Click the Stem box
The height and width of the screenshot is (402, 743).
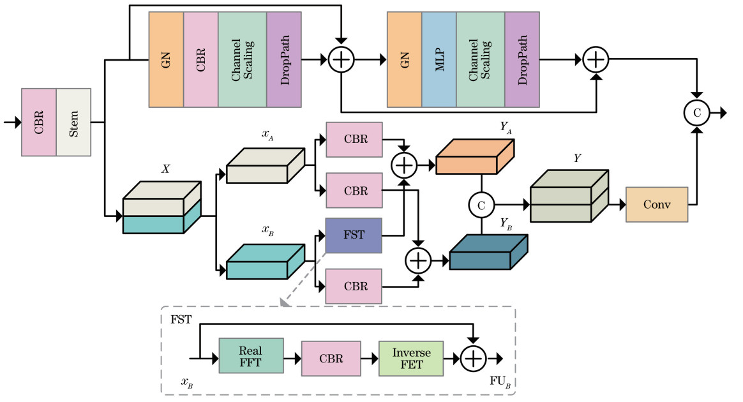pos(74,123)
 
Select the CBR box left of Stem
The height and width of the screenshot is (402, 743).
pos(39,123)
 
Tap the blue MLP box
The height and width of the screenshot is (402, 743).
pos(439,59)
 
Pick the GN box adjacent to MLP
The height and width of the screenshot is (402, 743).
pos(404,59)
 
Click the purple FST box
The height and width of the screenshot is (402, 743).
pos(354,235)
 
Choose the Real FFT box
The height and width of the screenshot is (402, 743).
pos(251,356)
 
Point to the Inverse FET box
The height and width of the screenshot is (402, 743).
pos(411,356)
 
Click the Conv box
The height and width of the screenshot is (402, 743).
pos(657,204)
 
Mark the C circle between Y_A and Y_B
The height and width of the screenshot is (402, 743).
pos(481,204)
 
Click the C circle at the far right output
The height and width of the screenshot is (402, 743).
pos(697,113)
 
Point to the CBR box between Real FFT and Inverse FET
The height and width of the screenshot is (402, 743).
pos(330,356)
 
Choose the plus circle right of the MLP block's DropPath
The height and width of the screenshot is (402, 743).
pos(596,60)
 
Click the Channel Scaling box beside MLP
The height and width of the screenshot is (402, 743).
pos(480,59)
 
